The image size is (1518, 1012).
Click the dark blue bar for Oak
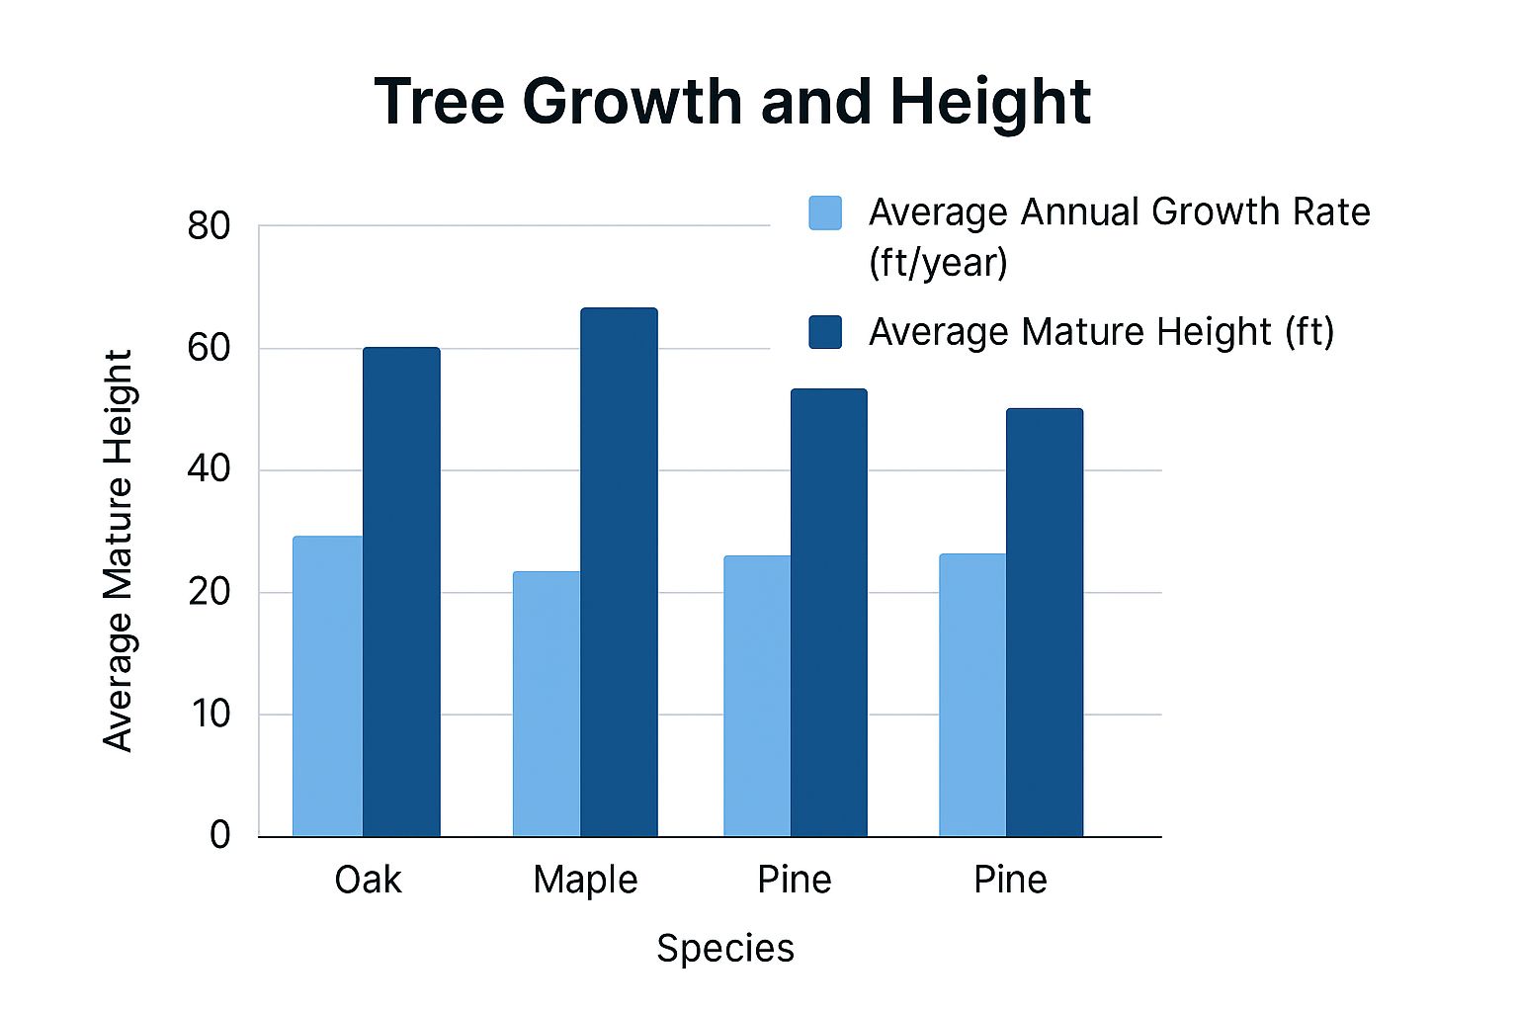coord(401,592)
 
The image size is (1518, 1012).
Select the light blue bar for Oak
coord(328,686)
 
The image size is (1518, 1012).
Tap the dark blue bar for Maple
coord(619,572)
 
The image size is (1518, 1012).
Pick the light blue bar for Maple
coord(547,704)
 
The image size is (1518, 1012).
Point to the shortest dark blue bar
coord(1045,623)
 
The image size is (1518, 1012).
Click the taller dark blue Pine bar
coord(829,613)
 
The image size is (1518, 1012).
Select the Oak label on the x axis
coord(368,880)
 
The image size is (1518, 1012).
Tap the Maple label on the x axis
coord(585,880)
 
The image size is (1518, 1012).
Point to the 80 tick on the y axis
coord(209,227)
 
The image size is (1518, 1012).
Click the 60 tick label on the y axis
coord(209,349)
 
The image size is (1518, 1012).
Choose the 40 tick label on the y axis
coord(209,470)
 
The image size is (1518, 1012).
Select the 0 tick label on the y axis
coord(219,835)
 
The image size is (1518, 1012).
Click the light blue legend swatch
coord(825,212)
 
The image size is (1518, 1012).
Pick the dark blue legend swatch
coord(825,332)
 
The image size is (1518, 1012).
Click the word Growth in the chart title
coord(635,101)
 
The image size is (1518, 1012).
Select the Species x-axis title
coord(725,949)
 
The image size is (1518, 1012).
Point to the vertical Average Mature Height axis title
coord(119,550)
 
